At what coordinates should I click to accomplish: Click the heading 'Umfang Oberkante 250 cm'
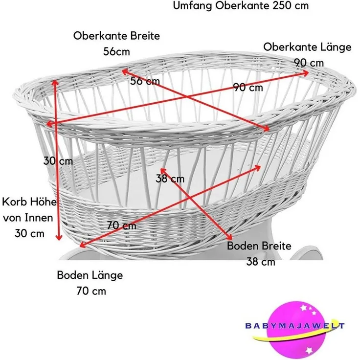point(241,5)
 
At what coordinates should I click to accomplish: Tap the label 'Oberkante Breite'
point(116,36)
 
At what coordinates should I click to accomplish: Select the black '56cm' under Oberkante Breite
point(116,51)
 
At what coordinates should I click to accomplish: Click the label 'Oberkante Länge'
point(307,47)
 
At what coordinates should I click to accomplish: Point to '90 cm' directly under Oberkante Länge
point(309,63)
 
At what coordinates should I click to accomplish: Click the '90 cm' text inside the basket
point(248,88)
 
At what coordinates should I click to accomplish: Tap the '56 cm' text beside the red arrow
point(145,81)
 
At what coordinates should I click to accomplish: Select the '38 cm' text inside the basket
point(170,179)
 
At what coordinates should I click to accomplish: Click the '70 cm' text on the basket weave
point(122,225)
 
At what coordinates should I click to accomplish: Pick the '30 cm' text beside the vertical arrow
point(58,161)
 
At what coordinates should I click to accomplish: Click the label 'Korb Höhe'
point(29,202)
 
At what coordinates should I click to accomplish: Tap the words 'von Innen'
point(28,218)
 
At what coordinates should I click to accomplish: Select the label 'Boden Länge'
point(90,275)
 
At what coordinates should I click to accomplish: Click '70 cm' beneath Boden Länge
point(91,291)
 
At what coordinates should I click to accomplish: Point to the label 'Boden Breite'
point(259,246)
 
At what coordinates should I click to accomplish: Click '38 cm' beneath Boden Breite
point(261,262)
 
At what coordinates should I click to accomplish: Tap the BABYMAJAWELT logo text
point(295,326)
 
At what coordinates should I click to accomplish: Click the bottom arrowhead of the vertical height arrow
point(59,238)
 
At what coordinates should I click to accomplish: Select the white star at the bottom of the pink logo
point(309,350)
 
